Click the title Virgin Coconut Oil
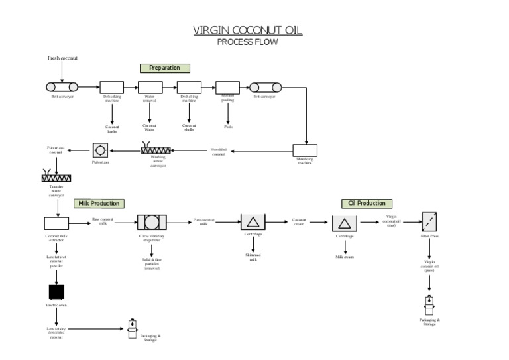point(247,30)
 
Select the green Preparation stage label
point(164,68)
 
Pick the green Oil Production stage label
point(367,203)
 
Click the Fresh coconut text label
point(62,58)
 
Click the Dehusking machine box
point(112,87)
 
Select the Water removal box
point(150,87)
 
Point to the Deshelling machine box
point(189,87)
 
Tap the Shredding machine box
point(305,150)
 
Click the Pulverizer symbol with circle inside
point(100,150)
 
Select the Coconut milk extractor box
point(56,223)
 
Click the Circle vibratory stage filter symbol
point(151,223)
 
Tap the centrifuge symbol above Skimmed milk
point(253,223)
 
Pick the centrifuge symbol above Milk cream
point(345,223)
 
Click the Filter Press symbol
point(429,222)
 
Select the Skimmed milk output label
point(253,256)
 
